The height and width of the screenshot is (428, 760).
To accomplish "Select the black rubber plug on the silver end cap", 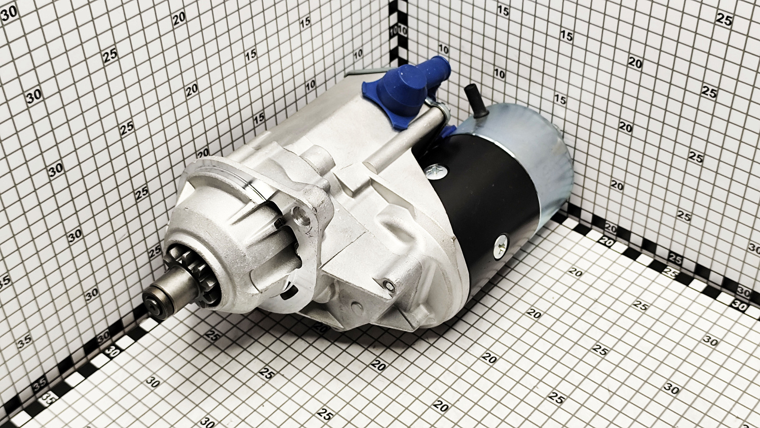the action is click(x=474, y=100).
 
